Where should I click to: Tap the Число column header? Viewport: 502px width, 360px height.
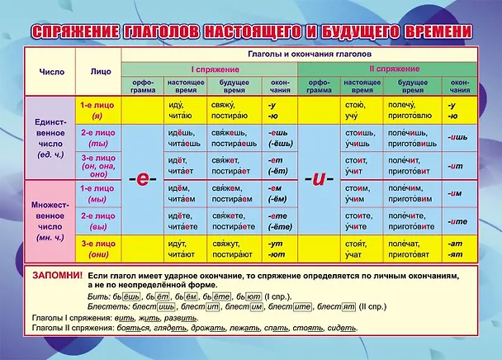[50, 71]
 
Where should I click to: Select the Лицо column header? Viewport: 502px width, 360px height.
[100, 71]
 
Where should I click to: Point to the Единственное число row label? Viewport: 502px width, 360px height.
[50, 138]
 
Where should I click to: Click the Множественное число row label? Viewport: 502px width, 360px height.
[50, 220]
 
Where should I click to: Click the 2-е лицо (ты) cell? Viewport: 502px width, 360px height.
[98, 137]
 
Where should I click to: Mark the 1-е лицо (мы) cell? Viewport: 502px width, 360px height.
[98, 193]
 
